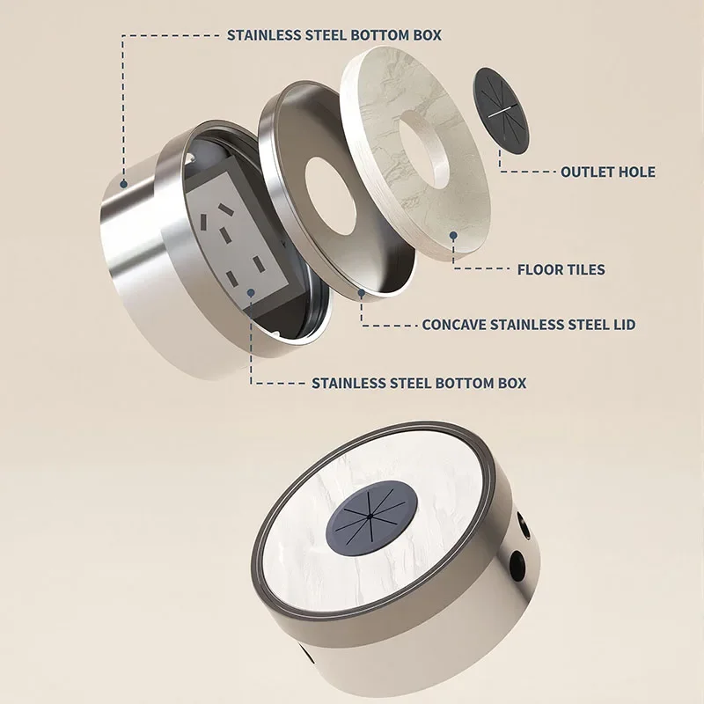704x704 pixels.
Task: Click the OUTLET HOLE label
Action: pos(608,172)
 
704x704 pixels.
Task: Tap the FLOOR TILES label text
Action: pos(561,269)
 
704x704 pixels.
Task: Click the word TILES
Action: pos(584,269)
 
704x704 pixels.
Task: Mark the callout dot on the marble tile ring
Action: pos(453,236)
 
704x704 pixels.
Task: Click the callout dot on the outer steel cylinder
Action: pos(124,184)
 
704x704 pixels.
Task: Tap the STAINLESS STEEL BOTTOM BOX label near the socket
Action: pos(419,384)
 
